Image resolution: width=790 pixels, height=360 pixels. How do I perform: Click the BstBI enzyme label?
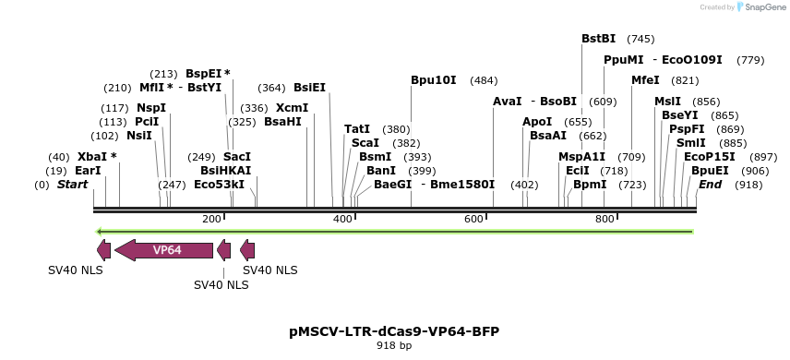tap(598, 39)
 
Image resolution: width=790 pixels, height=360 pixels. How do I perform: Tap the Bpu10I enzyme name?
tap(434, 80)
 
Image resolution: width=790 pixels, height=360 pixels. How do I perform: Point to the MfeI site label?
tap(645, 80)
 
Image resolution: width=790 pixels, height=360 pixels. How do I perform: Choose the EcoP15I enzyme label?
tap(710, 157)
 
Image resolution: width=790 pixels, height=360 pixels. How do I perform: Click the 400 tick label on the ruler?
tap(343, 219)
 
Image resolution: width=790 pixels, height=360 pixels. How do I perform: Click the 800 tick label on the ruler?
tap(605, 219)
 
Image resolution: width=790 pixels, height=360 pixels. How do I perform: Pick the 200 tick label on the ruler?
tap(211, 219)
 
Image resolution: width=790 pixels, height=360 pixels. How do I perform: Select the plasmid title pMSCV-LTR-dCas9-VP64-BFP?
tap(395, 330)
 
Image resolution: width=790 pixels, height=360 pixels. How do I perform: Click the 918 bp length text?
tap(395, 345)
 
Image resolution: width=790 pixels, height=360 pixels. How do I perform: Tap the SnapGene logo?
tap(759, 7)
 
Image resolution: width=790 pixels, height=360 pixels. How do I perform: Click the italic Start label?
tap(73, 185)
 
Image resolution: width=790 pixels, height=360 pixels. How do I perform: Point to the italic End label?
tap(711, 185)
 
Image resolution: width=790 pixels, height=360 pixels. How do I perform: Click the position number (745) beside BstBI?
tap(640, 39)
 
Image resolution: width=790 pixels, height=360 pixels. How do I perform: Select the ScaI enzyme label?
tap(365, 143)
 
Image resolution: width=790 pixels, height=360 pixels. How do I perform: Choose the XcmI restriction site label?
tap(293, 108)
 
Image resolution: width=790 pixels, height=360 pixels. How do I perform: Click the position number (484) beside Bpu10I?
tap(484, 80)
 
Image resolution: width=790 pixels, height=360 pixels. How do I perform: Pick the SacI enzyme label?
tap(237, 157)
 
